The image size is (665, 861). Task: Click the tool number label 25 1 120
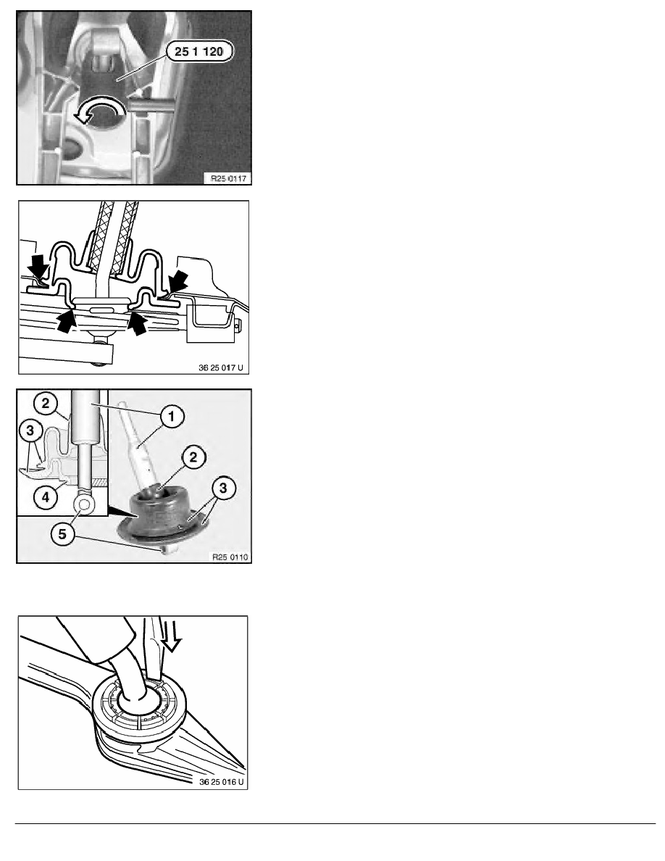(198, 51)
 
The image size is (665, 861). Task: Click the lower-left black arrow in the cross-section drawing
(66, 320)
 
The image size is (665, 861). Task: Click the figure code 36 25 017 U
(220, 367)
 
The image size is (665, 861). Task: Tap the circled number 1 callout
(172, 416)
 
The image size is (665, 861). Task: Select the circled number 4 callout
(46, 497)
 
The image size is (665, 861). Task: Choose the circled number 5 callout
(62, 533)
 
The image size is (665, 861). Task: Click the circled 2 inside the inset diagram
(45, 404)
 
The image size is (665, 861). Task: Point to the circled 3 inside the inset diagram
(30, 431)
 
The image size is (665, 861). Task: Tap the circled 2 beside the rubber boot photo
(194, 457)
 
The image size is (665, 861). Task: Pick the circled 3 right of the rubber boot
(223, 488)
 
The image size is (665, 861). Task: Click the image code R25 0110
(230, 557)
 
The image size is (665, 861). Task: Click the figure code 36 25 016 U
(222, 781)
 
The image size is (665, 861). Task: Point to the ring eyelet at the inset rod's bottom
(84, 504)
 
